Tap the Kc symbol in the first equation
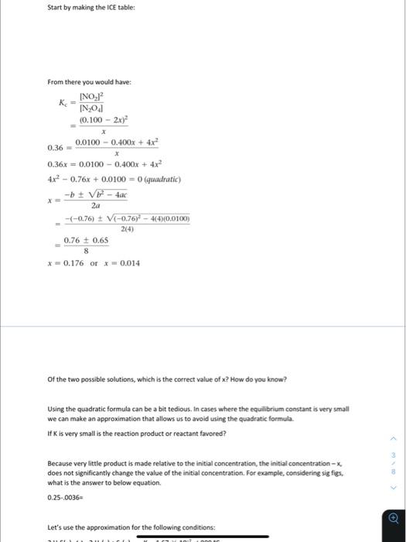[x=63, y=103]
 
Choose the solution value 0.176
[x=74, y=264]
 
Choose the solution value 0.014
[x=127, y=264]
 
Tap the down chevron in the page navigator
[x=394, y=488]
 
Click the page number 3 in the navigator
[x=394, y=454]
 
